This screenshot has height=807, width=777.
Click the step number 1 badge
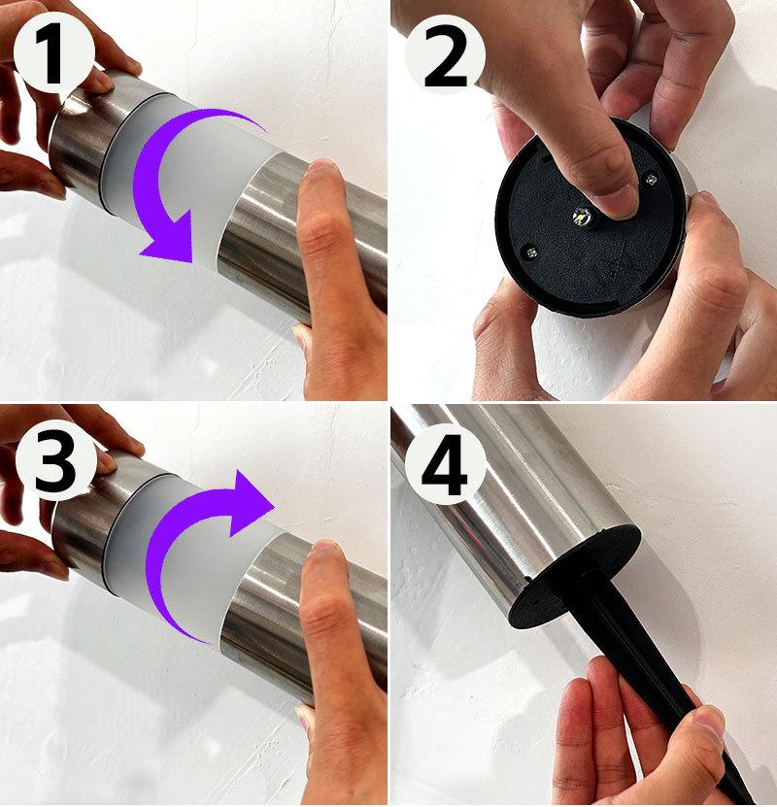[x=54, y=54]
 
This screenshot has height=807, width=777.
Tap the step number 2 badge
[x=446, y=55]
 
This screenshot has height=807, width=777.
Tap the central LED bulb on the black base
[x=582, y=217]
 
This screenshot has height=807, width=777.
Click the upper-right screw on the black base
[x=652, y=179]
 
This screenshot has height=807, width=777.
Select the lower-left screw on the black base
[x=531, y=252]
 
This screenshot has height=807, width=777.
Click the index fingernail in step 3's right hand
[x=324, y=548]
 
